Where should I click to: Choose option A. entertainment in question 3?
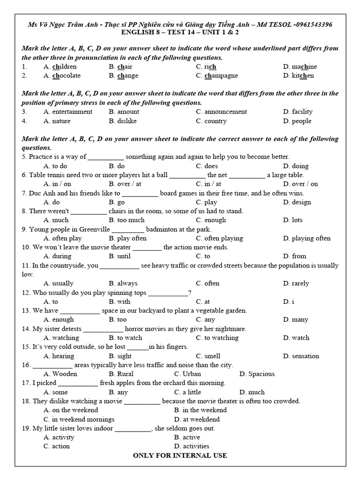[x=68, y=112]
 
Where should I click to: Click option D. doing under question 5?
[x=296, y=166]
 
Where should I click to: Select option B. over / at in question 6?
[x=125, y=184]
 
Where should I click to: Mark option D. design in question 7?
[x=297, y=202]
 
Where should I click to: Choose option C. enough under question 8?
[x=211, y=220]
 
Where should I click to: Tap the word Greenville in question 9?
[x=93, y=229]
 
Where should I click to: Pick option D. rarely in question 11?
[x=296, y=283]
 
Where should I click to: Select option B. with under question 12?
[x=120, y=301]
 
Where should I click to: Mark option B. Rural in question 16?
[x=121, y=374]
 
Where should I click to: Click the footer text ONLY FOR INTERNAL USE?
[x=180, y=455]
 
